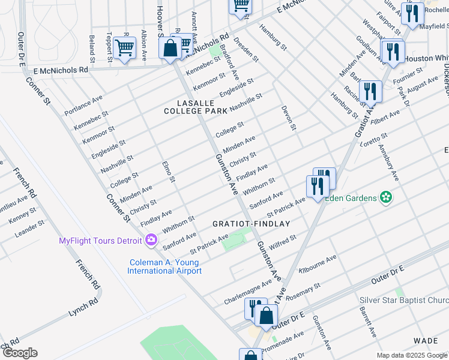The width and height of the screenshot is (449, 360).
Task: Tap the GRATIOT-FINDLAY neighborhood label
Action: [x=252, y=224]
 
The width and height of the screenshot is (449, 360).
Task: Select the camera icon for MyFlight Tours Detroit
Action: [x=151, y=241]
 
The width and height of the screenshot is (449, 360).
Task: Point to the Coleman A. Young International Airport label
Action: [x=164, y=266]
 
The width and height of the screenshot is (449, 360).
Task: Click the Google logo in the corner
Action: [x=19, y=353]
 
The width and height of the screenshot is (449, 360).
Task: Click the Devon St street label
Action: [x=289, y=118]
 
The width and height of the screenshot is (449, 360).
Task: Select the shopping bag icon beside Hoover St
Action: [x=170, y=48]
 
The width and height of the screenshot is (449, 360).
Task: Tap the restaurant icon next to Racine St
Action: [x=370, y=92]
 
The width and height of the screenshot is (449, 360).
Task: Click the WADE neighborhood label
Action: [x=426, y=341]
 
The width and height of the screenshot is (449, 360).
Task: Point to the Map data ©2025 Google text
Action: [x=411, y=355]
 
